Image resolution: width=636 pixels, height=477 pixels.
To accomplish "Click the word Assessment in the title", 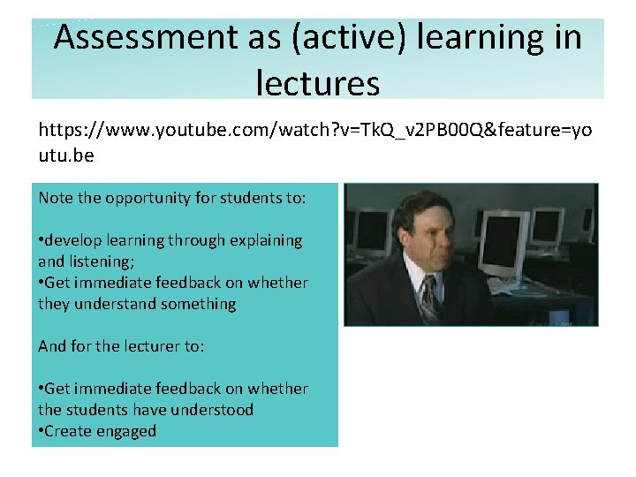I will point(141,37).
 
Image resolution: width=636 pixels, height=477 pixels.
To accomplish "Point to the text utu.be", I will point(65,155).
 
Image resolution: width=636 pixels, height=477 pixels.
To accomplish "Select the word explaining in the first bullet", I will point(265,240).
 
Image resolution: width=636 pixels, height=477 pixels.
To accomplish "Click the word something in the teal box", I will point(195,304).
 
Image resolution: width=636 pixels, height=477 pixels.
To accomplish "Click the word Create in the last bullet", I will point(68,431).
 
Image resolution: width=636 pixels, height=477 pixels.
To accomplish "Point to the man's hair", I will point(424,208).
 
